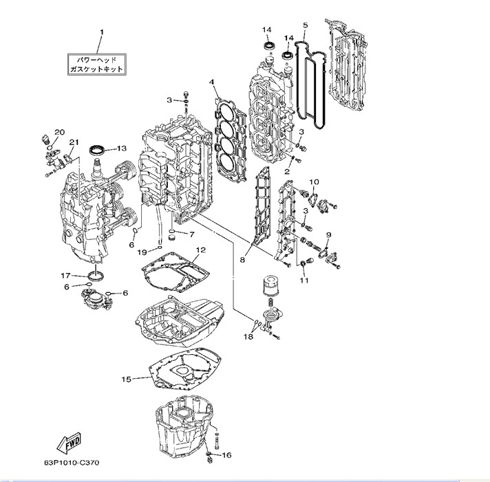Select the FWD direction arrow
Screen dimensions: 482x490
click(70, 443)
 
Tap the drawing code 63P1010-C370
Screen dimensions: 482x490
click(71, 463)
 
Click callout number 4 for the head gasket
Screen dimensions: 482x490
click(213, 83)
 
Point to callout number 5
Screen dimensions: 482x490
click(306, 25)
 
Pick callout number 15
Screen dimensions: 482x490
click(126, 379)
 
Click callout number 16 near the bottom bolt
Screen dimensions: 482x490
click(227, 454)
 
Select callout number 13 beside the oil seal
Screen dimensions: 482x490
click(121, 148)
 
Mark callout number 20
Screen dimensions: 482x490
click(59, 131)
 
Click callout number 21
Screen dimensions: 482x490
click(74, 142)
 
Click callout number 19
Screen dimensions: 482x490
click(142, 252)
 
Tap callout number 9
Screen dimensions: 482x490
click(329, 236)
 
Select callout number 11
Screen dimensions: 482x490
click(304, 280)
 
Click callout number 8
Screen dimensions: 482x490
click(243, 260)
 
